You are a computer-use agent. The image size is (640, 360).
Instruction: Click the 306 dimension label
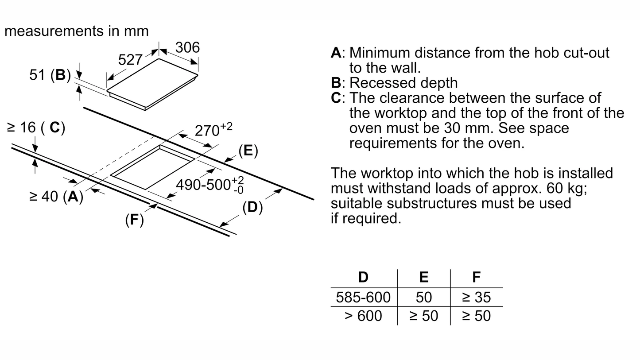187,47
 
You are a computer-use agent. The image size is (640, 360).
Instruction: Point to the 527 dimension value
130,60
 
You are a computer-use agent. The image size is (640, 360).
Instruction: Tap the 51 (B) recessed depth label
50,75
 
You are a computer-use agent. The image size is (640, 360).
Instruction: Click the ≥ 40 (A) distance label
56,196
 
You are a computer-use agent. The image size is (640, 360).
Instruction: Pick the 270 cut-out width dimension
213,130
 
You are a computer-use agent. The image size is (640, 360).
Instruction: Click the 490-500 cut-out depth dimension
210,184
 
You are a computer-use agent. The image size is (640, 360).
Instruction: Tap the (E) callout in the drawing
248,151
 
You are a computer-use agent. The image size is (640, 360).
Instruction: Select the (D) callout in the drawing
252,207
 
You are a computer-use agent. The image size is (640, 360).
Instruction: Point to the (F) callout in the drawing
134,219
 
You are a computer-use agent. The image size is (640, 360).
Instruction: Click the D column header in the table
363,277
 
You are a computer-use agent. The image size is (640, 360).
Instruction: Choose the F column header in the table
476,277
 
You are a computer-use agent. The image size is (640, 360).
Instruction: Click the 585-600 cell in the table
363,297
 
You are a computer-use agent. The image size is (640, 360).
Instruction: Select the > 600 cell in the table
363,316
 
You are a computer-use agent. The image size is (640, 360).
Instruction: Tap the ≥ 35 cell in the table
476,297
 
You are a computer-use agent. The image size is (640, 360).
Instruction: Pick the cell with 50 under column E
423,297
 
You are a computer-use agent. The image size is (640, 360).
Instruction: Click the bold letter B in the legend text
336,83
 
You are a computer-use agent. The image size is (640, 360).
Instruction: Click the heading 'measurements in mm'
76,31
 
